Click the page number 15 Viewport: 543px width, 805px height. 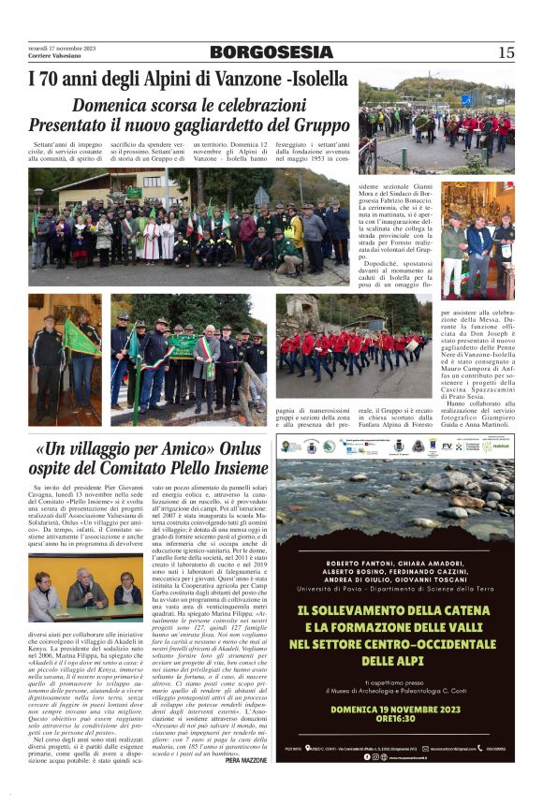pos(506,52)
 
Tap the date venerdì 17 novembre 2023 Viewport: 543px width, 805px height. pos(62,48)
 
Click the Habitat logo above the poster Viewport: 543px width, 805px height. pos(498,446)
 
